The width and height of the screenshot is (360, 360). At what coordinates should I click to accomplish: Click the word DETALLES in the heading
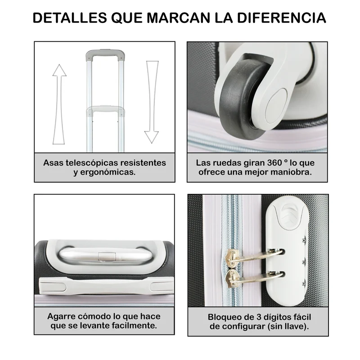point(70,18)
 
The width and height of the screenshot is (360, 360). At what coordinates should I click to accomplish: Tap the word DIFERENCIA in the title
point(282,18)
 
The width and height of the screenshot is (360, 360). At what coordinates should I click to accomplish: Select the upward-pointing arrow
point(59,104)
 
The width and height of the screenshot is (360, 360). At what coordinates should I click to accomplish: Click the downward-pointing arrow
point(152,102)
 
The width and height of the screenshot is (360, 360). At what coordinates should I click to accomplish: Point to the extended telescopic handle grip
point(105,54)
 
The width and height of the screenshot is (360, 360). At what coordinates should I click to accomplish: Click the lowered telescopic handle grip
point(106,110)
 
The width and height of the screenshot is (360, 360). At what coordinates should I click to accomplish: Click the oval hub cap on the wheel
point(276,106)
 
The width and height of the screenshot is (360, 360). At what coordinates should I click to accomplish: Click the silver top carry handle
point(106,255)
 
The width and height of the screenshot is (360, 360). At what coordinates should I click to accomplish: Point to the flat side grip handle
point(106,286)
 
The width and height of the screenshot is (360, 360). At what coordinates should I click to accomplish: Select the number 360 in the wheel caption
point(274,163)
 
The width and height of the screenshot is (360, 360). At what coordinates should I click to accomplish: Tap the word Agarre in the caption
point(62,317)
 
